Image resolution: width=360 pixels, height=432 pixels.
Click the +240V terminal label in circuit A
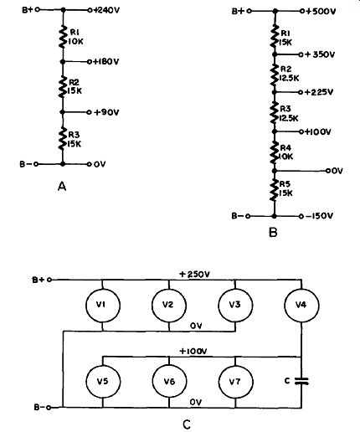click(x=106, y=10)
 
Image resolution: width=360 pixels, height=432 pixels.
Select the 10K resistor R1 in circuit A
click(x=63, y=37)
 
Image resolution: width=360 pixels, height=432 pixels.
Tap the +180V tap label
click(x=105, y=61)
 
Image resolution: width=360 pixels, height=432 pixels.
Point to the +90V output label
click(x=106, y=112)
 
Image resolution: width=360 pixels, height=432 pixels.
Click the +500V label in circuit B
click(x=321, y=12)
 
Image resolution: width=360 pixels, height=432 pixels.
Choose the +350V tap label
click(x=320, y=54)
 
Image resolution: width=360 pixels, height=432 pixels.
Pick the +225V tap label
click(x=319, y=92)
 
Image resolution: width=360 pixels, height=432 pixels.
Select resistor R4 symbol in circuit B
click(x=275, y=152)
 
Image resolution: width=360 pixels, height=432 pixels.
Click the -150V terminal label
click(x=319, y=216)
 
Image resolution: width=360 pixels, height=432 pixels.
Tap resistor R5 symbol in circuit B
click(x=275, y=190)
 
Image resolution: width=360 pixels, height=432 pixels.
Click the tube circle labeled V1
click(x=103, y=306)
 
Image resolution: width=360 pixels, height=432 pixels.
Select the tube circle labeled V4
click(x=301, y=306)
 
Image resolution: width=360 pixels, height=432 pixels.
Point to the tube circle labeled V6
click(x=169, y=381)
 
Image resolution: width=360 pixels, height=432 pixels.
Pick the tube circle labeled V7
click(x=235, y=381)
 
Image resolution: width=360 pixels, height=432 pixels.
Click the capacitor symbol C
click(x=301, y=381)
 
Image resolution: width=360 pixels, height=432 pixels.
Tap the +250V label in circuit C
click(x=194, y=275)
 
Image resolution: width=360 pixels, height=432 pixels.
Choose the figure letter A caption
click(x=62, y=187)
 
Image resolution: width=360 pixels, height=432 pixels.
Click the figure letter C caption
click(x=187, y=424)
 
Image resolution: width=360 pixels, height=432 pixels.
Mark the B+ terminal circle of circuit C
click(x=49, y=280)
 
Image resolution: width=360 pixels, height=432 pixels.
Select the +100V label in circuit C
click(x=193, y=351)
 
